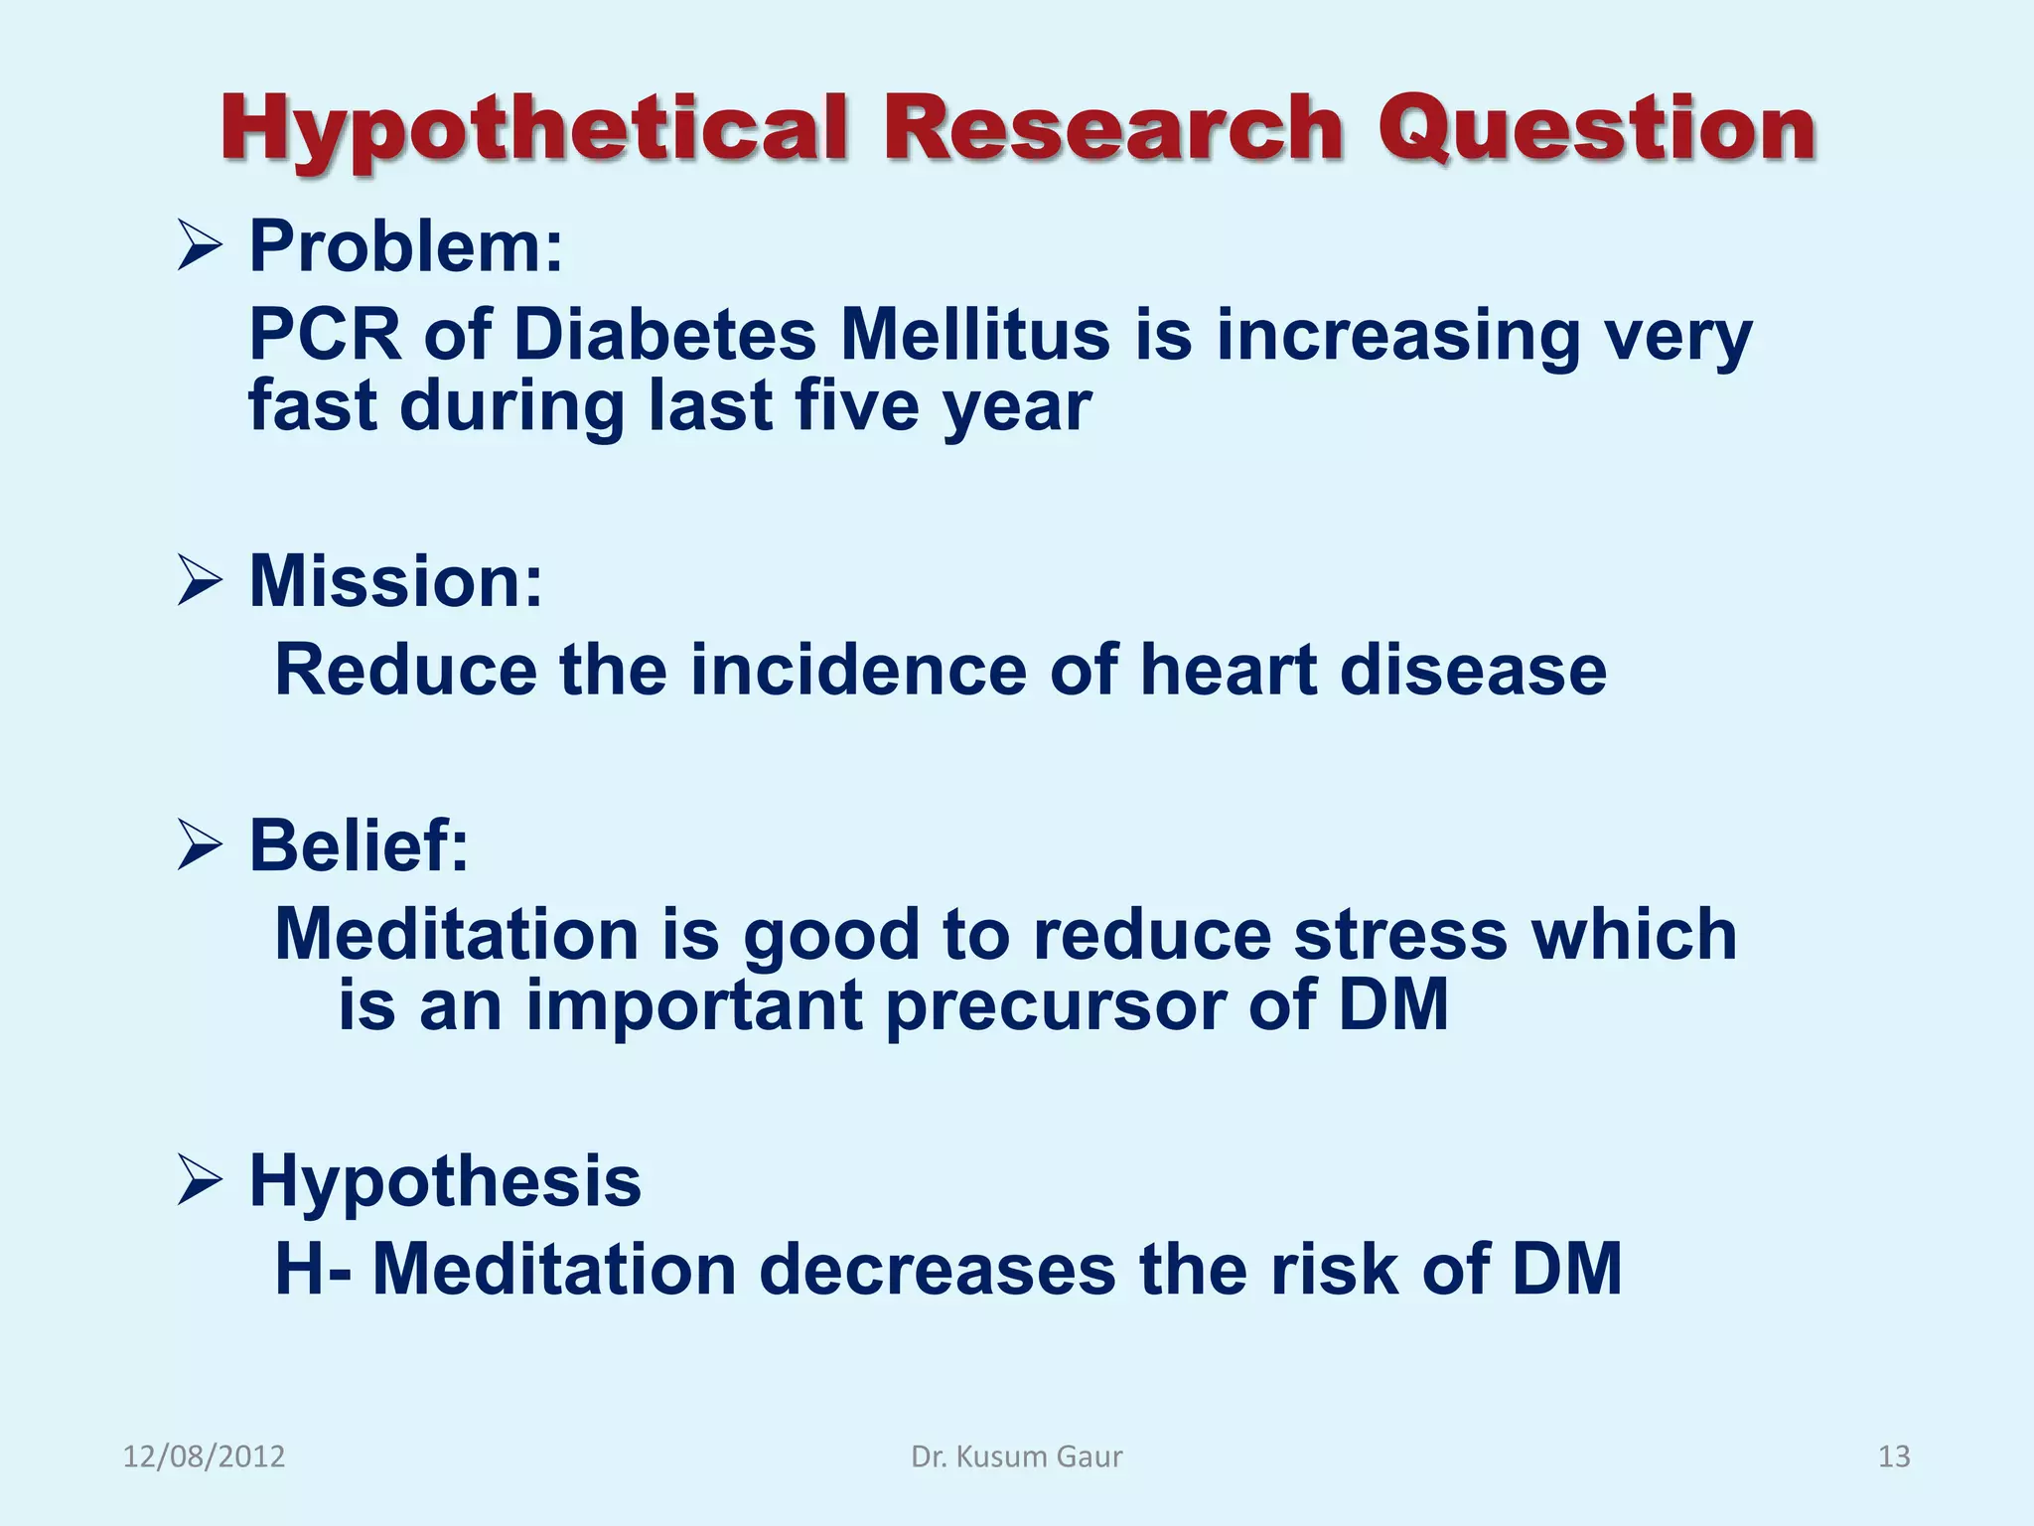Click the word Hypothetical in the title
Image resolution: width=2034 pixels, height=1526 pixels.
pos(534,130)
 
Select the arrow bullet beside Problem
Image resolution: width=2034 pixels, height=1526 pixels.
pos(199,246)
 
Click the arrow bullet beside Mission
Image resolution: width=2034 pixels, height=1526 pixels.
pos(199,581)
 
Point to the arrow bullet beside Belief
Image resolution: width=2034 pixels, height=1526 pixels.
pos(199,846)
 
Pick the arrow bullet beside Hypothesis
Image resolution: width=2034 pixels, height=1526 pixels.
pos(199,1181)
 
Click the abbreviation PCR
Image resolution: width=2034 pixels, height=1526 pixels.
pos(324,335)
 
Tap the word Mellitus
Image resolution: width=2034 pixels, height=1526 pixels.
pos(974,335)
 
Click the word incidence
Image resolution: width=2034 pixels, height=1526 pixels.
pos(858,670)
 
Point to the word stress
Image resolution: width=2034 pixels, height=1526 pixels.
pos(1400,935)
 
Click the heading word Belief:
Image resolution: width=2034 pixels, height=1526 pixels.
pos(359,846)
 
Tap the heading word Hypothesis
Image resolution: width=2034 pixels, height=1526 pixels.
pos(445,1181)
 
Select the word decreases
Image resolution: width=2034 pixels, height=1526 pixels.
pos(937,1270)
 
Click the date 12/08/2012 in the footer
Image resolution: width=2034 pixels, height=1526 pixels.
pos(204,1456)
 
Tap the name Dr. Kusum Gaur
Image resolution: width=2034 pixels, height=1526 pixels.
pos(1016,1456)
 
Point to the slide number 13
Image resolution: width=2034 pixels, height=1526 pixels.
pos(1894,1456)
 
